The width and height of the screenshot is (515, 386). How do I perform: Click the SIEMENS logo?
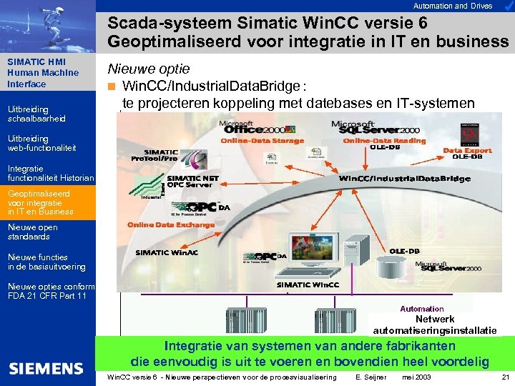point(46,369)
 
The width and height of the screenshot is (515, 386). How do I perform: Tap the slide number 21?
point(506,377)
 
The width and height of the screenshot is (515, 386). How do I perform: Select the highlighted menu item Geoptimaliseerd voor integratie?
point(40,202)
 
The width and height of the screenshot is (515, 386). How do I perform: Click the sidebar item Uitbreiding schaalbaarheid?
point(36,114)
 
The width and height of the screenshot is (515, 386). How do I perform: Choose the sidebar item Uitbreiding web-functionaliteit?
point(41,143)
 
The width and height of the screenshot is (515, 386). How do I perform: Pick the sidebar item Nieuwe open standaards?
point(32,232)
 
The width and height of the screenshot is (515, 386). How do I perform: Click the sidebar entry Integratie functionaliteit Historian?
point(50,173)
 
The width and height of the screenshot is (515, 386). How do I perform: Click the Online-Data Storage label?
point(262,141)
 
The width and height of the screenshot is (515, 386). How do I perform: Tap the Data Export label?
point(467,151)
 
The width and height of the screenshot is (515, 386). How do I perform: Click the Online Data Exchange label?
point(171,224)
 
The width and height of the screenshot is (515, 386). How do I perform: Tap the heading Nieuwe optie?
point(149,69)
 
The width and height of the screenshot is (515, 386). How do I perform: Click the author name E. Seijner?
point(371,377)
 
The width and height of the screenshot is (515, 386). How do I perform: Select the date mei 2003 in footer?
point(418,377)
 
